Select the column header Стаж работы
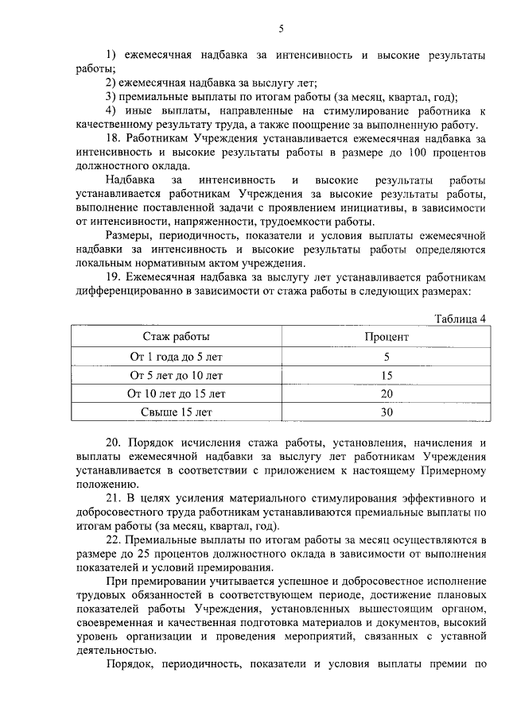(177, 337)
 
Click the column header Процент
(387, 337)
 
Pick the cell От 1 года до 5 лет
(177, 356)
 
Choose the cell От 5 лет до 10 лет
(177, 375)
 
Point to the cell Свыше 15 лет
(177, 412)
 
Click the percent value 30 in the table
(387, 412)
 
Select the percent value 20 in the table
(387, 393)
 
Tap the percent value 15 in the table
(387, 375)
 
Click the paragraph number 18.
(114, 138)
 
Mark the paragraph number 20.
(114, 443)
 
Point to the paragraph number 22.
(114, 540)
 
